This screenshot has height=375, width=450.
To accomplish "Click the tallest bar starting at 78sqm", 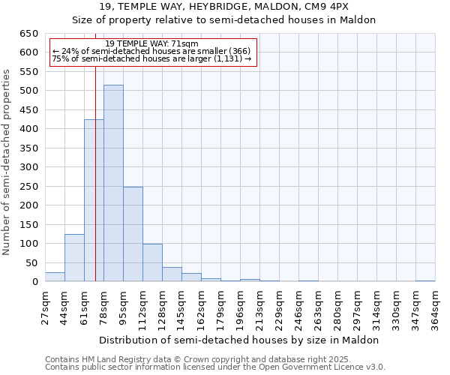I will [113, 184].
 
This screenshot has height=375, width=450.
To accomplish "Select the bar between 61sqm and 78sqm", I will [94, 201].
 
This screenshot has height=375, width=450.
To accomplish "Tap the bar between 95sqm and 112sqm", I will [133, 234].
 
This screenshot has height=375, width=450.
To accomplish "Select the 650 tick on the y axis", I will [28, 34].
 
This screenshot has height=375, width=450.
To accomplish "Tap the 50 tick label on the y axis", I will [31, 263].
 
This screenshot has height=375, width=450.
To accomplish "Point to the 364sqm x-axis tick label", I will [435, 307].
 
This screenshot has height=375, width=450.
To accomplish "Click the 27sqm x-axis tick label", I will [45, 307].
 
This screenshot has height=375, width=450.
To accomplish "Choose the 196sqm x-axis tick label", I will [240, 307].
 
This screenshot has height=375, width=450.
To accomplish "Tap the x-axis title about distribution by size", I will [239, 340].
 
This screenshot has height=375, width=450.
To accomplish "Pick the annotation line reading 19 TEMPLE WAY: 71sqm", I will [152, 44].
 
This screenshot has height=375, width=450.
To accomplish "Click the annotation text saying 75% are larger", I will [152, 58].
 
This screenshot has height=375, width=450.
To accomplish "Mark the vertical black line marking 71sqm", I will [96, 187].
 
